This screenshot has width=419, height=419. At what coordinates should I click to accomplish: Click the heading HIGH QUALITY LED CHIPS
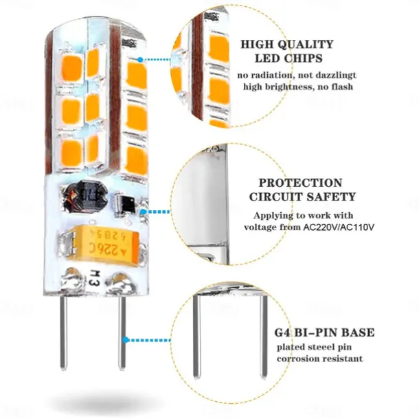click(x=286, y=51)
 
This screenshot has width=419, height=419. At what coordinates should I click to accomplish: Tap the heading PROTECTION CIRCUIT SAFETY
click(x=299, y=190)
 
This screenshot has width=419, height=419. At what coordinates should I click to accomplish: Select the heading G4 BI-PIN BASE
click(x=325, y=332)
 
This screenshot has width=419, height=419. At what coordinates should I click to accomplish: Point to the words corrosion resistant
click(x=319, y=359)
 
